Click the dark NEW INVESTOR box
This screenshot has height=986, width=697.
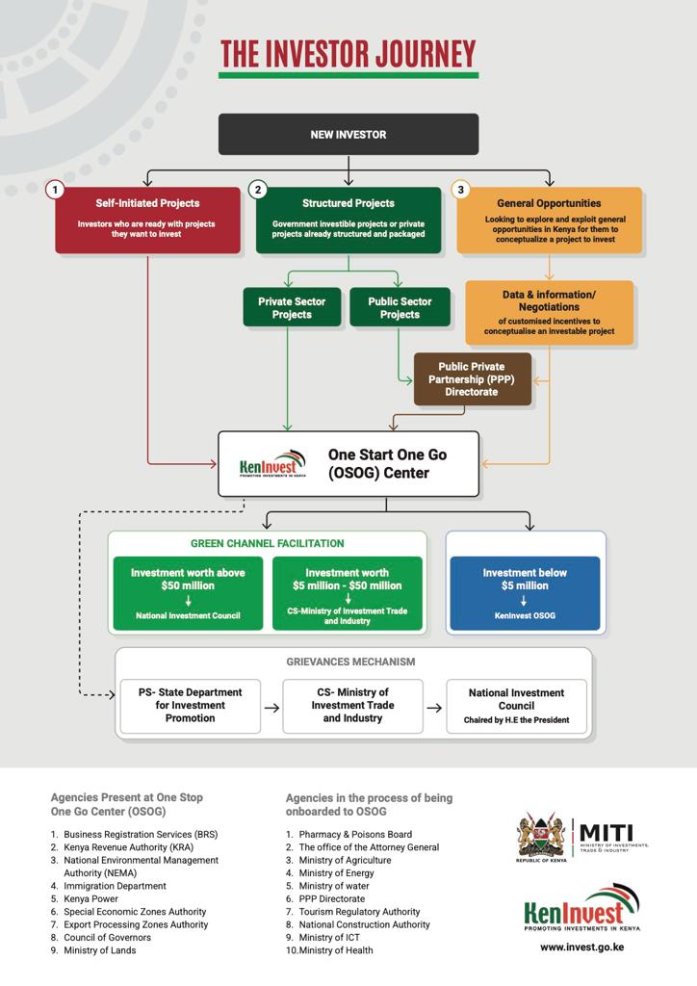coord(348,135)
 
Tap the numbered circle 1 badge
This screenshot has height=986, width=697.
coord(56,190)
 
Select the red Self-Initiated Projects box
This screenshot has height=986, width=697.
coord(147,221)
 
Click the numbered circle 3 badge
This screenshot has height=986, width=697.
coord(461,190)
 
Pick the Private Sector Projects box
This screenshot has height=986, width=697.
coord(292,308)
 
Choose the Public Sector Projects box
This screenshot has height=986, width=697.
coord(400,308)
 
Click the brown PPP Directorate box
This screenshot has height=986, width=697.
coord(472,379)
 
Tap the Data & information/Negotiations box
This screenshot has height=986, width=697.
coord(549,313)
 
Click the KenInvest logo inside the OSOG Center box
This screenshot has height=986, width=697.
coord(272,465)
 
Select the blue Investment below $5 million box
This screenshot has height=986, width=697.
coord(526,593)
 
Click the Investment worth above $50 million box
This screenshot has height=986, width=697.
coord(188,593)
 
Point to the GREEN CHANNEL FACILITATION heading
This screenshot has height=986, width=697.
coord(267,544)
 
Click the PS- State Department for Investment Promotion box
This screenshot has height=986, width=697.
coord(190,706)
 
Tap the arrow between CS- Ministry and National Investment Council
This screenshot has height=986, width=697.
coord(434,708)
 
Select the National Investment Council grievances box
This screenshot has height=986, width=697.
coord(516,706)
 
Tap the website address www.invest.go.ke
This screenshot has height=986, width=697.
coord(582,947)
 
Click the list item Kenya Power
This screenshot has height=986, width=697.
coord(91,898)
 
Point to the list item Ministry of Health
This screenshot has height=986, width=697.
coord(336,950)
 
